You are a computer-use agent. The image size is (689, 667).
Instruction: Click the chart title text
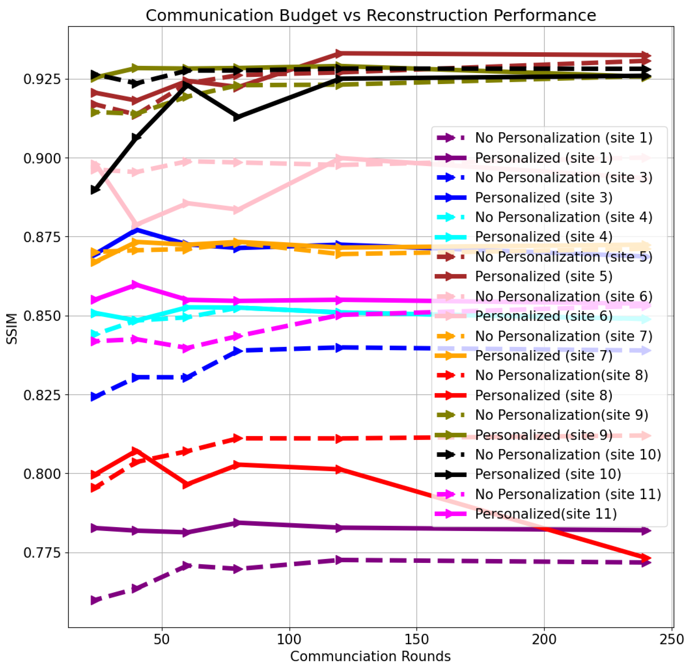click(x=370, y=16)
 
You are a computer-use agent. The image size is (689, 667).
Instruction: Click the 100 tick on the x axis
click(x=289, y=639)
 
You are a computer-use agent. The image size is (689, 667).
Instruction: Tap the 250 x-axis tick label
click(x=671, y=639)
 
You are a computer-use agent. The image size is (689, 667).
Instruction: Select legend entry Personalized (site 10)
click(x=548, y=474)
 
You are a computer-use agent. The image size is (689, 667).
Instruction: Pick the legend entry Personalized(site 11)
click(x=546, y=514)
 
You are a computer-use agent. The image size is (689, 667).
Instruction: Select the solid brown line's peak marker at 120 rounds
click(x=338, y=53)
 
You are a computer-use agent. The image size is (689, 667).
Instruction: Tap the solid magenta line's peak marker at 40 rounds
click(x=136, y=285)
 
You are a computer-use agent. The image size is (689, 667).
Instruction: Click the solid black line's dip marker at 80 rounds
click(x=238, y=117)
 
